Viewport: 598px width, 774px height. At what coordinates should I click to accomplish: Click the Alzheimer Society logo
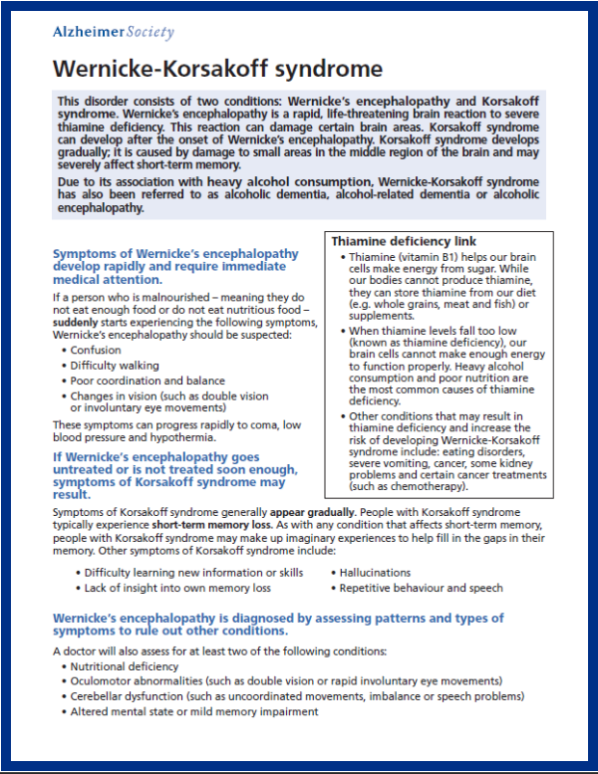[x=113, y=32]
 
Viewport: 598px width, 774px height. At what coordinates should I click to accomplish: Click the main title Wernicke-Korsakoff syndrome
[x=217, y=69]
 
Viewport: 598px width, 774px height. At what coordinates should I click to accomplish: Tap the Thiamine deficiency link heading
[x=404, y=241]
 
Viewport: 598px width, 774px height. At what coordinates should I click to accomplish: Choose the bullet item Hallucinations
[x=375, y=573]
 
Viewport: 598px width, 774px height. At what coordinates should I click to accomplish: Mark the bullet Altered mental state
[x=194, y=712]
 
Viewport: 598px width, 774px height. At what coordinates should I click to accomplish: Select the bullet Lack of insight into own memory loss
[x=177, y=588]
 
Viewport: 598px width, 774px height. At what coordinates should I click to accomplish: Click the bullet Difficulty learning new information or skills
[x=193, y=573]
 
